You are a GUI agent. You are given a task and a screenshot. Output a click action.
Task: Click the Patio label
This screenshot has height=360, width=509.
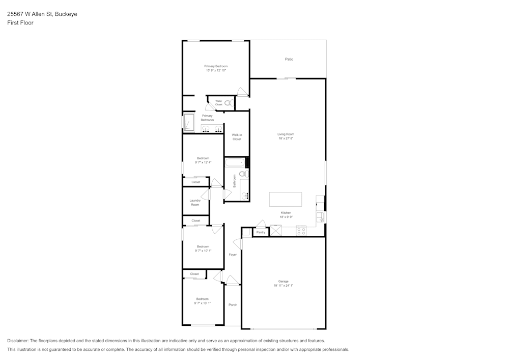(x=289, y=60)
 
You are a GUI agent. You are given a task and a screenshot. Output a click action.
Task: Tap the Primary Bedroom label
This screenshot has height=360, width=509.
(x=216, y=66)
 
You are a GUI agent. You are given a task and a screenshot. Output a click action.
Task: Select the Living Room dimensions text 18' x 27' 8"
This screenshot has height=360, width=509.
(x=286, y=139)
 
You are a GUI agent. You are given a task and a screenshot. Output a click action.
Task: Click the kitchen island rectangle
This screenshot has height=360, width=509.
(x=285, y=199)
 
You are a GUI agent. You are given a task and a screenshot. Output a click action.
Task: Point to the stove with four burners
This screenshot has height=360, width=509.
(x=301, y=231)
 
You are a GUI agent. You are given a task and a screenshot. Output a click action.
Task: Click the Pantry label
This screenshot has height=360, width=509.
(x=261, y=232)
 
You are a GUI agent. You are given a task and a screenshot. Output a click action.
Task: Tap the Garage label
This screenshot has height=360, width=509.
(x=283, y=282)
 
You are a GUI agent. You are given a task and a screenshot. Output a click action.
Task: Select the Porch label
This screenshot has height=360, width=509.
(x=233, y=305)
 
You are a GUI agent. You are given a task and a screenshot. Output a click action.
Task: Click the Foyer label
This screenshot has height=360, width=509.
(x=233, y=255)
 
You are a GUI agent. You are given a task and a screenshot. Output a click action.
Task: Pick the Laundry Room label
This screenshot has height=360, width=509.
(x=195, y=202)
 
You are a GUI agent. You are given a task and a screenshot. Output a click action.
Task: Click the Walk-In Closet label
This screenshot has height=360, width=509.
(x=237, y=137)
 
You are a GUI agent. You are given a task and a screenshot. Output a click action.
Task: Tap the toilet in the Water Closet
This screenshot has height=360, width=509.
(x=228, y=103)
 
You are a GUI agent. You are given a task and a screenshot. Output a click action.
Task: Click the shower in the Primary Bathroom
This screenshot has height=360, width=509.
(x=189, y=123)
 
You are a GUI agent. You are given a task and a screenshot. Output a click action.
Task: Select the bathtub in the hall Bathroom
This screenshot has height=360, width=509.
(x=235, y=163)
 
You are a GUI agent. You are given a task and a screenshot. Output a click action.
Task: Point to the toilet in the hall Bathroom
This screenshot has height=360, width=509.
(x=242, y=174)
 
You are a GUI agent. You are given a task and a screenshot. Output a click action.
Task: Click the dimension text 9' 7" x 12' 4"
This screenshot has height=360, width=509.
(x=203, y=162)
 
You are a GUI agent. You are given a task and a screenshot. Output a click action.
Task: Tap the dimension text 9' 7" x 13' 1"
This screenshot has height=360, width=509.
(x=202, y=303)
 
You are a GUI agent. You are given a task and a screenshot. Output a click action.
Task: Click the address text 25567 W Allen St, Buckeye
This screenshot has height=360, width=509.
(x=42, y=14)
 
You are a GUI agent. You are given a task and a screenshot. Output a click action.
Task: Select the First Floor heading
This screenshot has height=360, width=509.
(x=20, y=23)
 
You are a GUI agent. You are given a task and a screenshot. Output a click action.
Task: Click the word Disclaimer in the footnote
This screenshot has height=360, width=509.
(x=18, y=341)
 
